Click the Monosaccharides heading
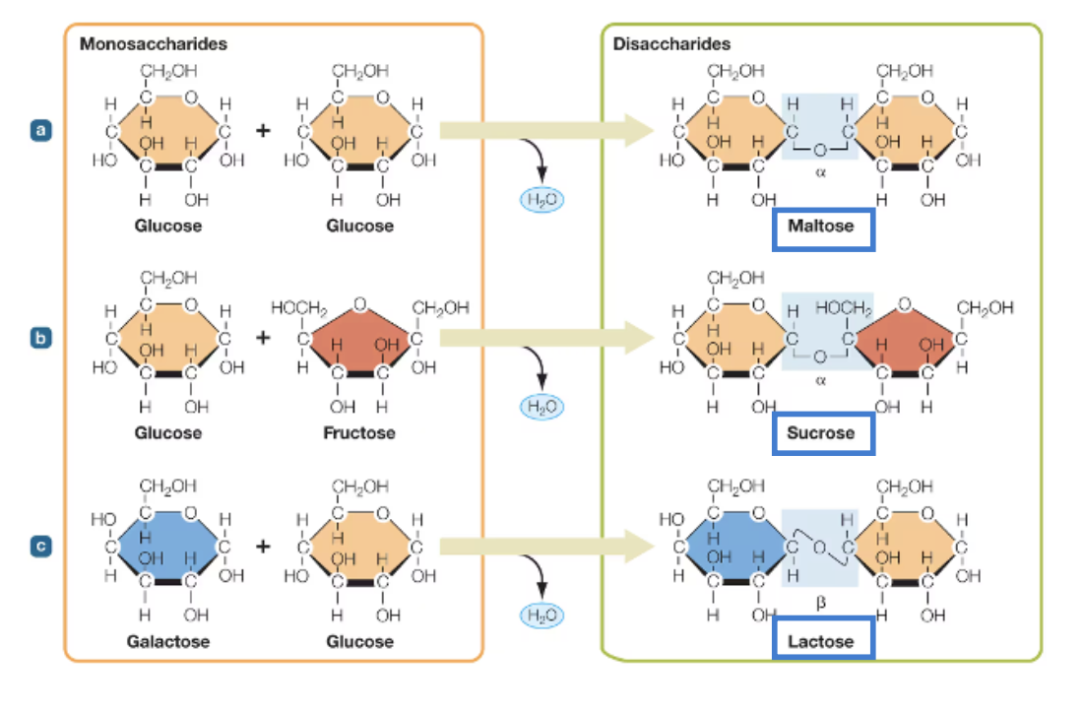coord(153,44)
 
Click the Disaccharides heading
coord(671,44)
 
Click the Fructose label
coord(358,433)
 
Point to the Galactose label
coord(167,641)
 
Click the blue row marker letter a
coord(39,129)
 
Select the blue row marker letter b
coord(39,337)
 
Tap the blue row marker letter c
coord(39,545)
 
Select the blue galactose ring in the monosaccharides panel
coord(166,547)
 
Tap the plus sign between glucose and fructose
coord(264,338)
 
